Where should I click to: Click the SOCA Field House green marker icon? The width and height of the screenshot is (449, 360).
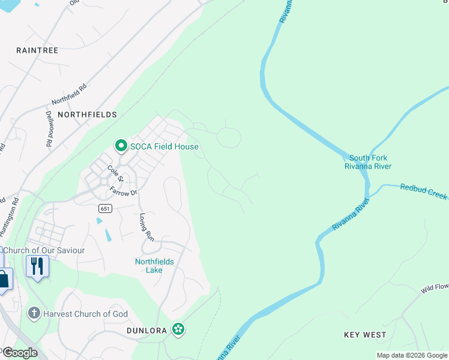(x=121, y=146)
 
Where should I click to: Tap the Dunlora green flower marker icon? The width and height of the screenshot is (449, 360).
(x=178, y=329)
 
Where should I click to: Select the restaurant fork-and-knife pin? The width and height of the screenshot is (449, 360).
(x=37, y=266)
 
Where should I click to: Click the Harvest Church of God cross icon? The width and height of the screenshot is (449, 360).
(x=34, y=314)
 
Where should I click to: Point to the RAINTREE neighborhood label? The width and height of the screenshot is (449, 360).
(x=37, y=50)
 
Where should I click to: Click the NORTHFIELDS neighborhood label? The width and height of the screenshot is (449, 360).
(x=87, y=114)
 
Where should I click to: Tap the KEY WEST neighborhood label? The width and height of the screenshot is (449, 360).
(x=365, y=334)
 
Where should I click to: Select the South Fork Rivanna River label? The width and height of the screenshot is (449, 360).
(x=367, y=162)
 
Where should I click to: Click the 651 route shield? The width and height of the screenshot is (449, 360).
(x=106, y=208)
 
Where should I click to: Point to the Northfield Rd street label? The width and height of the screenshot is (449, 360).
(x=70, y=91)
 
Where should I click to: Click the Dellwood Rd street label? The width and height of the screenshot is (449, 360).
(x=49, y=128)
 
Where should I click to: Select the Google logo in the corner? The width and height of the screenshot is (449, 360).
(x=19, y=353)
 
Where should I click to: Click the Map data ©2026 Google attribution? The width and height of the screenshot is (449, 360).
(x=411, y=355)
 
